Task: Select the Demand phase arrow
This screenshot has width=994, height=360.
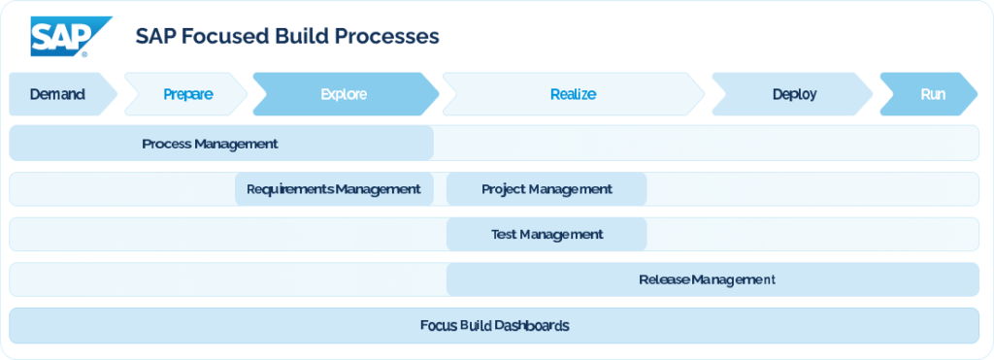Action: (x=57, y=94)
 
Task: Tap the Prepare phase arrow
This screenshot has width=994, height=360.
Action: (x=187, y=94)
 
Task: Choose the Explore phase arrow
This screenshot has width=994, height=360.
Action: (x=344, y=94)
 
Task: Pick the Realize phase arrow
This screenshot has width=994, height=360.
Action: (x=573, y=94)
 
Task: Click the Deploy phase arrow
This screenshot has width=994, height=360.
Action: (x=794, y=94)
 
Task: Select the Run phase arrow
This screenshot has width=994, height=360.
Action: (x=933, y=94)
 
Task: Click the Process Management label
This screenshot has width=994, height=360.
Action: (x=210, y=144)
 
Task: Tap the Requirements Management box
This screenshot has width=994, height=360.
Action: (x=333, y=189)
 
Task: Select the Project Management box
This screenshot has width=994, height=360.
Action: (x=547, y=189)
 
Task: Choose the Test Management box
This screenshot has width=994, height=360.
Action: (x=547, y=234)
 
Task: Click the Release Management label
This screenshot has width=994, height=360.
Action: (x=707, y=279)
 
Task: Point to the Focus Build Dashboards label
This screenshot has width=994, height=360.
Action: (x=494, y=325)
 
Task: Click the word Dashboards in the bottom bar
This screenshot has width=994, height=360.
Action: (x=532, y=325)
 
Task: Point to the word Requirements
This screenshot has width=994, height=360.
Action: (x=289, y=189)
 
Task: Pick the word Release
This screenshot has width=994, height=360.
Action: (x=664, y=279)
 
